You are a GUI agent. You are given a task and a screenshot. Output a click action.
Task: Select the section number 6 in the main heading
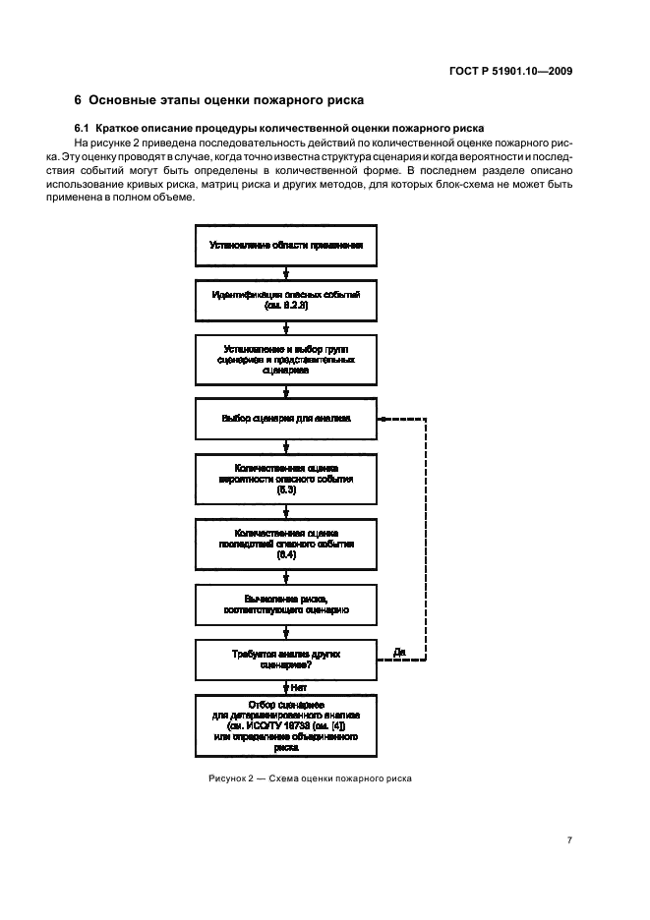pos(79,99)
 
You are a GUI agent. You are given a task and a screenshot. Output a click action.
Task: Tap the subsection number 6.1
pos(82,129)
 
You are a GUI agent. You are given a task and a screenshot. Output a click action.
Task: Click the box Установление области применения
pos(285,247)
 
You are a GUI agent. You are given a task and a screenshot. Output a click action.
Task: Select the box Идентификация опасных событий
pos(285,301)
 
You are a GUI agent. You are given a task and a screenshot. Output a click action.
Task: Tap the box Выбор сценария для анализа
pos(285,418)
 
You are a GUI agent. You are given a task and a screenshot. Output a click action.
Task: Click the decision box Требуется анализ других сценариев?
pos(285,658)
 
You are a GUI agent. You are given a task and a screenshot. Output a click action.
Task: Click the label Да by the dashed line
pos(399,651)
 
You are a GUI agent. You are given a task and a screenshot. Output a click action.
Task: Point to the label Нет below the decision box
pos(299,687)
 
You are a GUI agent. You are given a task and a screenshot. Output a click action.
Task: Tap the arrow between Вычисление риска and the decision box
pos(285,631)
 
